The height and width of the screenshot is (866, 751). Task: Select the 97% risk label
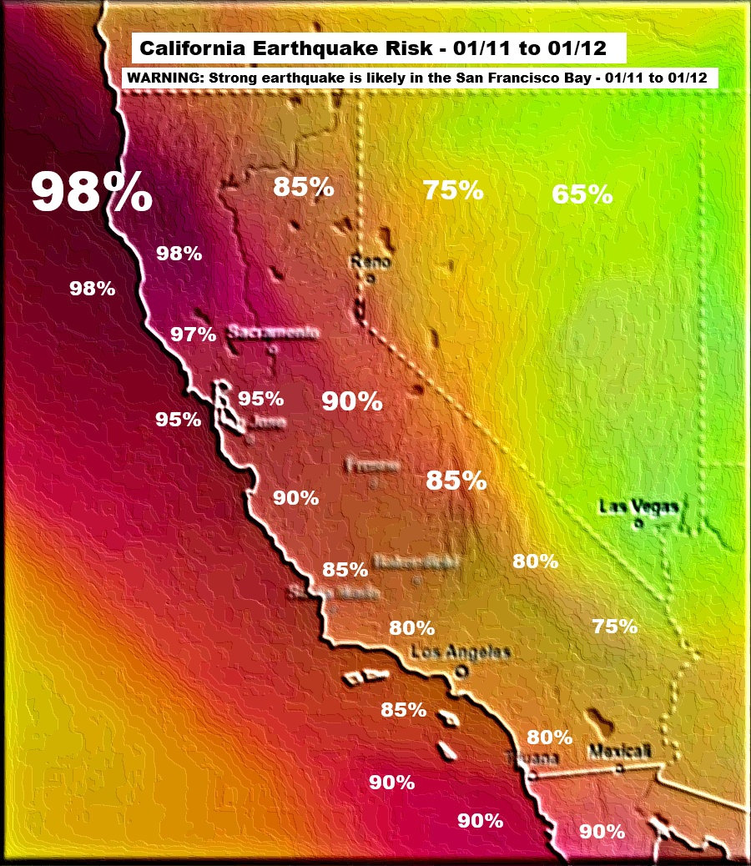(x=193, y=335)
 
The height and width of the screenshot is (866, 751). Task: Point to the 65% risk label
(x=582, y=195)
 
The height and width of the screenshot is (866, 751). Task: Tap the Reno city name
(x=370, y=262)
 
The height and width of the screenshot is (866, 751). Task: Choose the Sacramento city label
(x=273, y=333)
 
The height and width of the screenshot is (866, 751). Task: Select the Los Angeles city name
(x=461, y=652)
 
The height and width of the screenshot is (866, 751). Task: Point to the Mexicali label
(x=618, y=751)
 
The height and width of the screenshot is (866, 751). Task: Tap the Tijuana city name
(x=532, y=758)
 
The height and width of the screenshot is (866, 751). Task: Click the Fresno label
(x=372, y=465)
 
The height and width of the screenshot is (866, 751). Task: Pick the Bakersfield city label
(x=416, y=561)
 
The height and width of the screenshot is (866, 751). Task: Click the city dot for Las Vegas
(x=637, y=525)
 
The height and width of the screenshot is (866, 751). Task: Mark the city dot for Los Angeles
(x=459, y=670)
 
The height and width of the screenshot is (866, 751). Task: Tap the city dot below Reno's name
(x=370, y=279)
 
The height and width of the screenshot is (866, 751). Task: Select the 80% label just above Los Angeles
(x=411, y=627)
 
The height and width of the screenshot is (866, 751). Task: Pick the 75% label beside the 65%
(x=452, y=190)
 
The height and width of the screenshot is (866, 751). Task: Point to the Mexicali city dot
(x=618, y=768)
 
